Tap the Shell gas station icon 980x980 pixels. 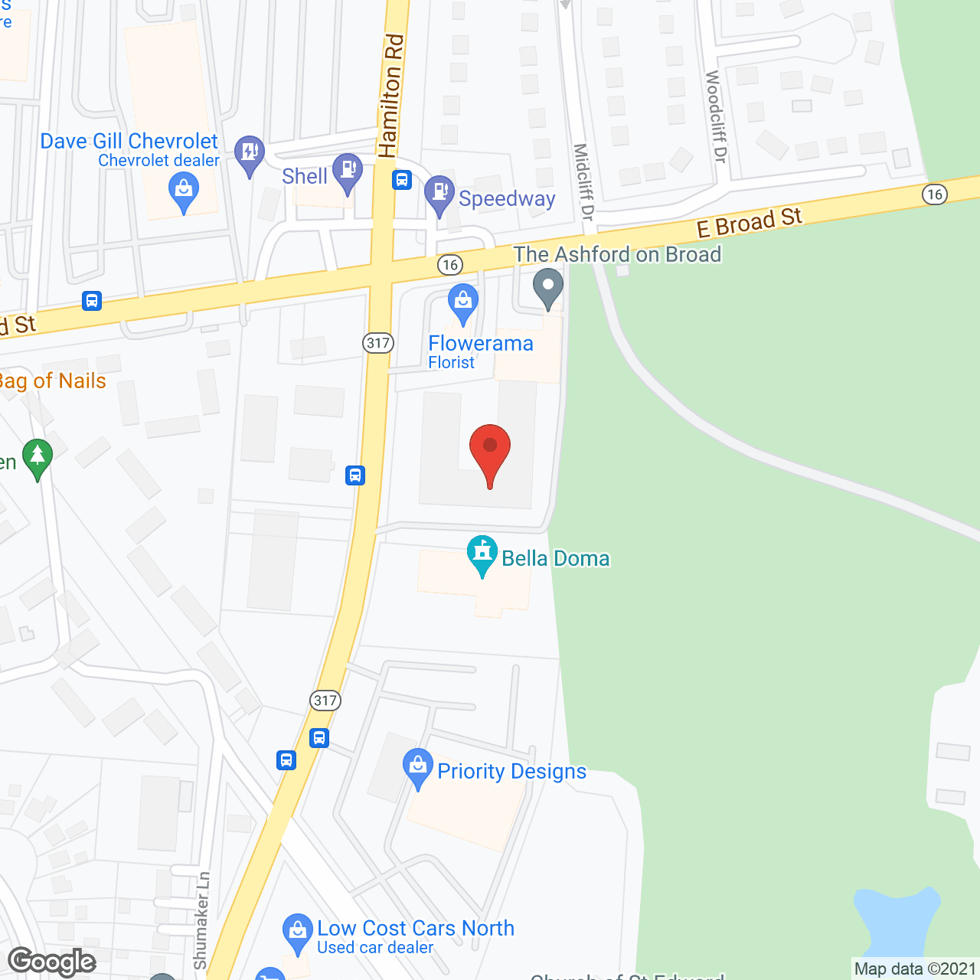[348, 171]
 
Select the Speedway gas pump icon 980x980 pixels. [439, 193]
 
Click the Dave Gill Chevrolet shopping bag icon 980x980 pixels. [184, 190]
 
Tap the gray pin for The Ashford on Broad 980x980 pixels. [547, 286]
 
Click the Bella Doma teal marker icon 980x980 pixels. [482, 553]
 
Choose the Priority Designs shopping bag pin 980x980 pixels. [417, 766]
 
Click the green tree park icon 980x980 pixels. [37, 458]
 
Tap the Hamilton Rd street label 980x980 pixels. [390, 96]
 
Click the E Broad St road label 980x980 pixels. [749, 222]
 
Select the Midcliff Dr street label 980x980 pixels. [583, 181]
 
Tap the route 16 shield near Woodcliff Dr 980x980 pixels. [934, 194]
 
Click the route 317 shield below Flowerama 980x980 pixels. [378, 343]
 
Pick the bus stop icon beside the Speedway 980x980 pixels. [402, 181]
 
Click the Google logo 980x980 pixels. [52, 962]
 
